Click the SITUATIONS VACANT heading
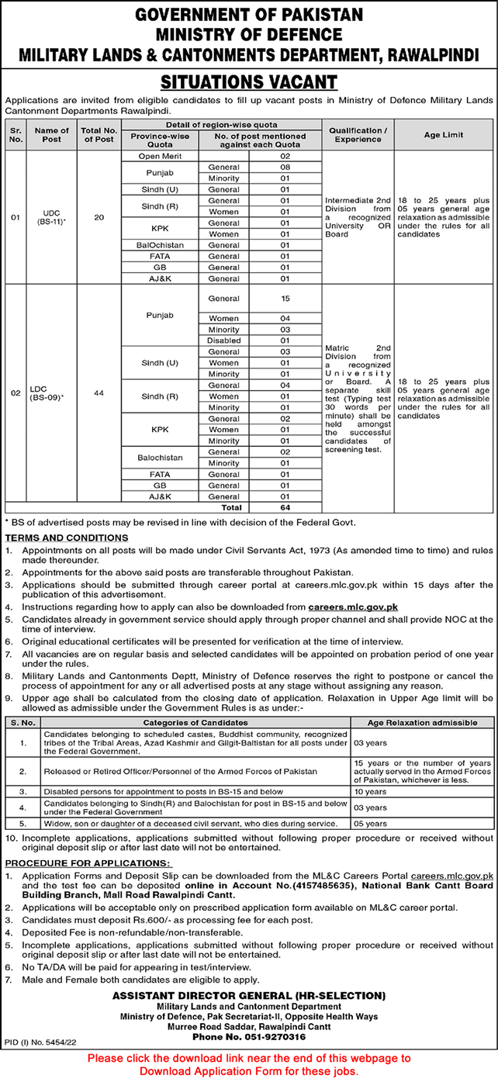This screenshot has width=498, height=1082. [x=248, y=81]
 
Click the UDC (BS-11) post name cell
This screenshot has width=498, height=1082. [x=52, y=218]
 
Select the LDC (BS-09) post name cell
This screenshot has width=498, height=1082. [x=52, y=393]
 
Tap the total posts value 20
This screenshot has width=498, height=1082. [x=98, y=217]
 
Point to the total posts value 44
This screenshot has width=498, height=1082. [x=98, y=393]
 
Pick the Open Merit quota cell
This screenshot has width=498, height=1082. [x=144, y=156]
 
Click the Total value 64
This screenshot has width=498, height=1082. [x=284, y=507]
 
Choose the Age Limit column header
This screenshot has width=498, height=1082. [x=443, y=134]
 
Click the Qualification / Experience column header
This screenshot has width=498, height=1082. [x=358, y=134]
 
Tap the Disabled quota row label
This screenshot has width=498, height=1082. [x=223, y=341]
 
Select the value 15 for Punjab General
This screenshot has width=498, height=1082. [x=284, y=298]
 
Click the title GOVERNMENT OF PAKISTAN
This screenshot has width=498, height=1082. [x=248, y=16]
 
